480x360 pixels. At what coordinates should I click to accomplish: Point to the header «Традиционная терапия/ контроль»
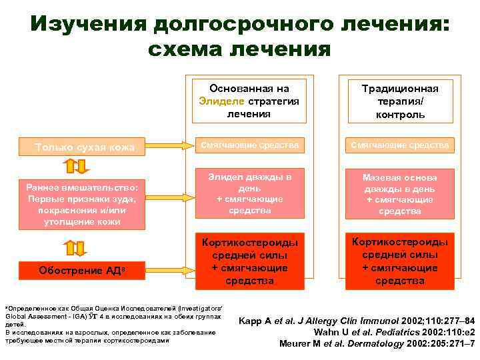tap(399, 101)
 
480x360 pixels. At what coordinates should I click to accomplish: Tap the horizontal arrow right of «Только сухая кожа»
tap(166, 145)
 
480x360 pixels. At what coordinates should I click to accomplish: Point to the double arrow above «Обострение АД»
tap(73, 248)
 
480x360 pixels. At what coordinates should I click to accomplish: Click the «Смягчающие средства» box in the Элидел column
tap(249, 145)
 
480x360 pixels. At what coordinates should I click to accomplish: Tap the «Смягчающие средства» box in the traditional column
tap(399, 145)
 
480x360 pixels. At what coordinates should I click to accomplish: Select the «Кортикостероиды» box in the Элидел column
tap(249, 261)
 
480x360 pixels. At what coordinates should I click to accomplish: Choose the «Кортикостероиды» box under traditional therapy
tap(399, 261)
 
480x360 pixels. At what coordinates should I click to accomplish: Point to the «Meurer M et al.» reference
tap(376, 343)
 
